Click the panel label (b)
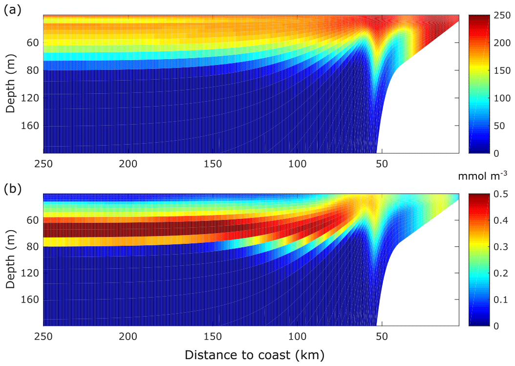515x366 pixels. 13,189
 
